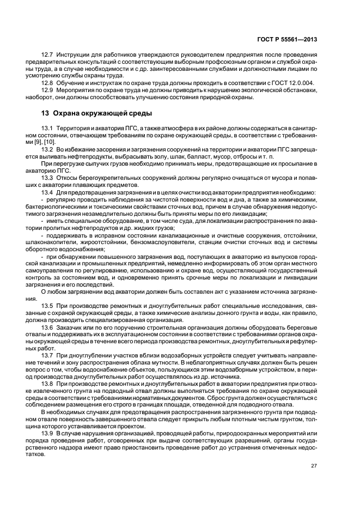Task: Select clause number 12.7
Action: (x=47, y=55)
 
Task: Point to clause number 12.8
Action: (x=47, y=83)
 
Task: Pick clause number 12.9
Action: (x=47, y=90)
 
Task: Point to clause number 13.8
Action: (x=47, y=382)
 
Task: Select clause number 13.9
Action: (x=47, y=432)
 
